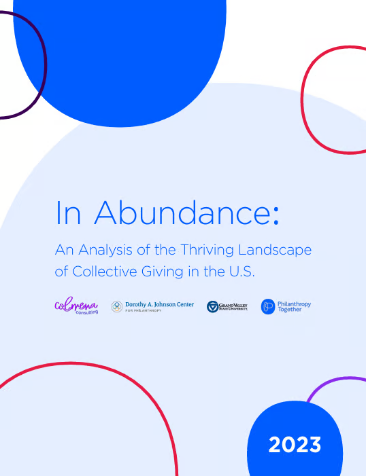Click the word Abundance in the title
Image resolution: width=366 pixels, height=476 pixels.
click(x=182, y=212)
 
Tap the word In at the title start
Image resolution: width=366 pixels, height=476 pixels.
click(x=68, y=213)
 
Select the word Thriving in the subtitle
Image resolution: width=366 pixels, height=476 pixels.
click(x=207, y=250)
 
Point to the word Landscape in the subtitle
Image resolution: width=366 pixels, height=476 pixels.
click(x=275, y=251)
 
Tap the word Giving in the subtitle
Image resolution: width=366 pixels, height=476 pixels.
click(x=162, y=272)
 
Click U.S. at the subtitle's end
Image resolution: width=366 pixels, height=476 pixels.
click(x=242, y=272)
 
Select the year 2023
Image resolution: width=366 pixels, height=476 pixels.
click(x=295, y=445)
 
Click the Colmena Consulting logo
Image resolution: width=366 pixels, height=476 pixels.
click(x=76, y=306)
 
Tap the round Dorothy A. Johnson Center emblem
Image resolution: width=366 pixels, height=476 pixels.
click(x=117, y=307)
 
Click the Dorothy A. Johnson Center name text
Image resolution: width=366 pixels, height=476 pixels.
click(x=159, y=304)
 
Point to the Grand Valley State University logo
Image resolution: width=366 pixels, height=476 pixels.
click(x=227, y=307)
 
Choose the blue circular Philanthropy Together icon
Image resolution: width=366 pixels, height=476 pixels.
click(x=268, y=307)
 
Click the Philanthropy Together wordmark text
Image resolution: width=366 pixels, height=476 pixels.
click(x=294, y=307)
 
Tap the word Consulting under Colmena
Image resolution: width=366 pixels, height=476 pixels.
click(x=86, y=312)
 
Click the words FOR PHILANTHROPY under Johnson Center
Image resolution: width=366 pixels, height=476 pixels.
click(x=144, y=310)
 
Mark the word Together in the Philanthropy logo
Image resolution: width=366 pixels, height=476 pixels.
click(x=290, y=310)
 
